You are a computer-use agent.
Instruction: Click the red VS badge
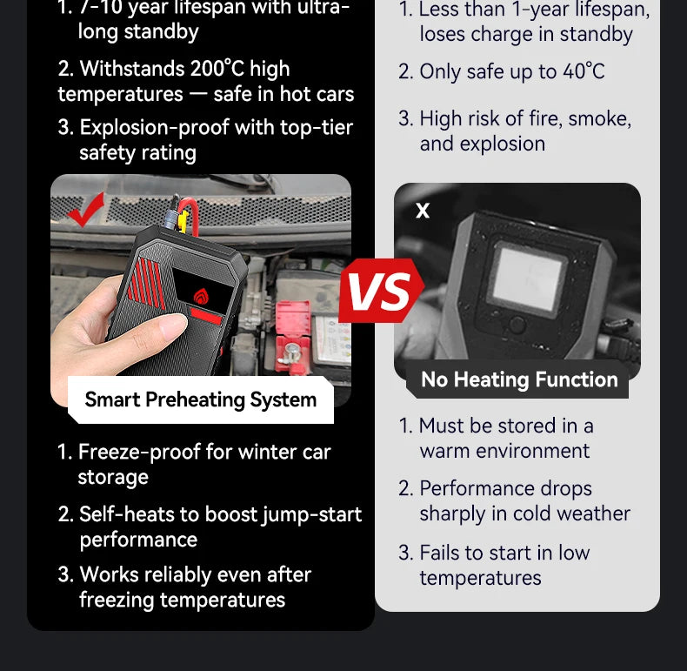382,291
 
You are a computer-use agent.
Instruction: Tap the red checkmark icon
86,211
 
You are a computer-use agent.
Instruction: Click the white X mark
423,211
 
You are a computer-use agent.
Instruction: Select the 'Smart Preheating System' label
201,399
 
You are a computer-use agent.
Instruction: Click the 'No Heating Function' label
519,379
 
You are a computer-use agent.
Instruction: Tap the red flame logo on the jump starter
202,297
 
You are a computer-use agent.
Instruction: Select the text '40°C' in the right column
584,71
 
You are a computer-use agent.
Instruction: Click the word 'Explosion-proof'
154,128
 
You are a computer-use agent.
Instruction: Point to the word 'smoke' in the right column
599,119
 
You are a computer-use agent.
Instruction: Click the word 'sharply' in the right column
452,514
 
